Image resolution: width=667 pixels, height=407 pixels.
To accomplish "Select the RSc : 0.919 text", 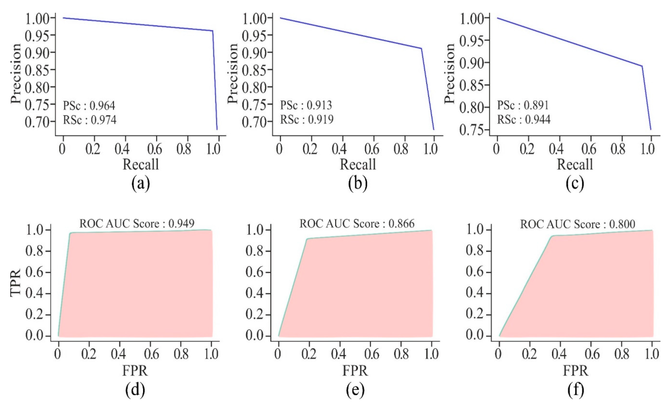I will (307, 119).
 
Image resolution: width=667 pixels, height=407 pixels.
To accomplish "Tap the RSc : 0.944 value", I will (524, 119).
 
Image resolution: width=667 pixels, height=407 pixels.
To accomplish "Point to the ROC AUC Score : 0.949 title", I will (137, 224).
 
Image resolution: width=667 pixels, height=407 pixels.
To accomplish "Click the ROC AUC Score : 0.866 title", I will (357, 224).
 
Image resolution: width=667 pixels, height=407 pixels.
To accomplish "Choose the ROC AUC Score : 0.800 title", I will (577, 224).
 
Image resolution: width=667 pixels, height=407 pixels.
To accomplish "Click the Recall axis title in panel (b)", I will (358, 164).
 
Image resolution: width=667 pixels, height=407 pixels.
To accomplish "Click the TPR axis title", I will (16, 283).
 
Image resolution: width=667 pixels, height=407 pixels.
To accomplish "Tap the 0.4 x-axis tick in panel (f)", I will (559, 354).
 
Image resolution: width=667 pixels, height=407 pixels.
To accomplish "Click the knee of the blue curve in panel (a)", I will (213, 31).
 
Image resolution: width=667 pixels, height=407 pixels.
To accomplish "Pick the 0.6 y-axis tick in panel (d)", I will (34, 272).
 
